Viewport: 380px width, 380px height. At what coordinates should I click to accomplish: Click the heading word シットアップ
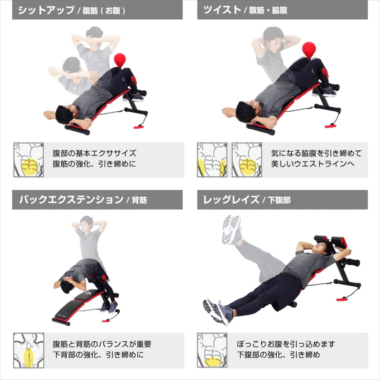(46, 10)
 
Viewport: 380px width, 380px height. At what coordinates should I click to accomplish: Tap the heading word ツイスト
(222, 10)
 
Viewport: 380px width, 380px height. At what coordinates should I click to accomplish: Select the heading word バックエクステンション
(71, 200)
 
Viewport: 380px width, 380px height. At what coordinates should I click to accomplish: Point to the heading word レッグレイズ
(231, 200)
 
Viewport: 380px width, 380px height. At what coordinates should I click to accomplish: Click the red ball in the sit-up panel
(120, 60)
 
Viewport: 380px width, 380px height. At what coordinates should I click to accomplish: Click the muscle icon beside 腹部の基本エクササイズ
(28, 160)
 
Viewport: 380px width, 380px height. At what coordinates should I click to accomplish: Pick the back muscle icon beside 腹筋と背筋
(29, 350)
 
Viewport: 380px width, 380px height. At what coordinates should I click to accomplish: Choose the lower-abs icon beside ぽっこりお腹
(212, 350)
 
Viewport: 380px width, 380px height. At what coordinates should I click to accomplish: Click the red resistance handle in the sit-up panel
(139, 127)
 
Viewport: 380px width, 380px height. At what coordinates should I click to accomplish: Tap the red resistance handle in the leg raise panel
(342, 299)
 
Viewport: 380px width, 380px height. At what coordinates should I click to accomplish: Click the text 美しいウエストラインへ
(313, 164)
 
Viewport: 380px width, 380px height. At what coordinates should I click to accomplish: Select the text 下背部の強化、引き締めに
(98, 355)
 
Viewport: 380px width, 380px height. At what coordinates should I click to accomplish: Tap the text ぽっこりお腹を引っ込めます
(286, 344)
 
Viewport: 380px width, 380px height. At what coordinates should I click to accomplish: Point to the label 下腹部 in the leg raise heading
(279, 200)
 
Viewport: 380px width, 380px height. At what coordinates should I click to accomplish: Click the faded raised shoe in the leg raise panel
(232, 230)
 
